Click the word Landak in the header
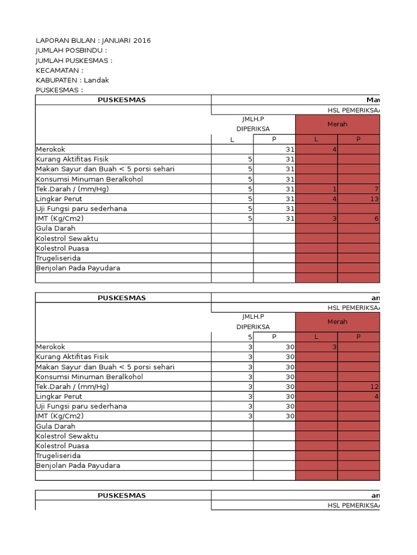click(x=97, y=80)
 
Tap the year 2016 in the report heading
click(x=142, y=41)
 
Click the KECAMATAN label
click(x=59, y=70)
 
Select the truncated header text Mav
click(x=373, y=100)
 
